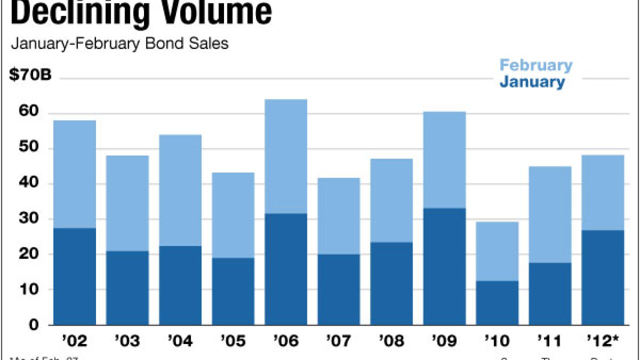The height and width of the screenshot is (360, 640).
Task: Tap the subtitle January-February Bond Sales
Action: (119, 43)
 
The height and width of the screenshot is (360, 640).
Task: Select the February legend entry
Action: (536, 65)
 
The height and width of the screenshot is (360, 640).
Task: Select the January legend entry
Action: (532, 82)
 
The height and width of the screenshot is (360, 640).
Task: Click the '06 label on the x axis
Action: (286, 341)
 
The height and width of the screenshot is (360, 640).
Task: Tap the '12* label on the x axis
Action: (604, 341)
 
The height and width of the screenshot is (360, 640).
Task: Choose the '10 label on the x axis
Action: (497, 341)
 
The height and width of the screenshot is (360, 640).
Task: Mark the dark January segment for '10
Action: (497, 302)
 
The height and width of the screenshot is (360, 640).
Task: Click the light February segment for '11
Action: (550, 214)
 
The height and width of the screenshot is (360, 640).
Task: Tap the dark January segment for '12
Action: (603, 277)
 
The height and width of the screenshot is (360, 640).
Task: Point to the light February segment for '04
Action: (180, 190)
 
